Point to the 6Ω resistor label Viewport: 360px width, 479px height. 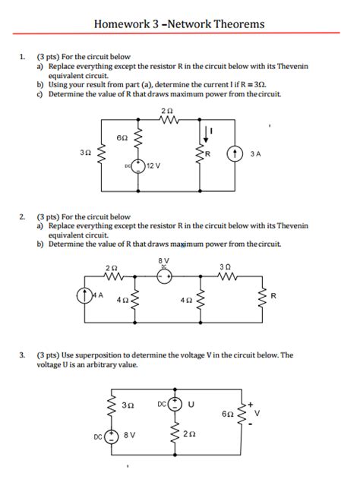[x=122, y=138]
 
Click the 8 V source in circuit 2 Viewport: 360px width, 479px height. [x=164, y=276]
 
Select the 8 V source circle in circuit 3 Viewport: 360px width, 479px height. [x=111, y=436]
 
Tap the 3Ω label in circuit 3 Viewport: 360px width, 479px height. [x=128, y=405]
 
